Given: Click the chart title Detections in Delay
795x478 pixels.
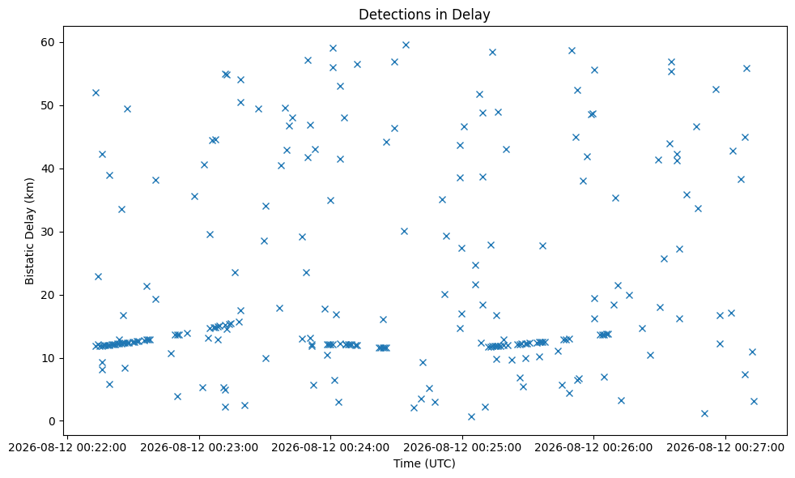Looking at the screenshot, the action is [424, 15].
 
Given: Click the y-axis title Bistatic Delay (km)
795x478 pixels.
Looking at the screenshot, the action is [29, 231].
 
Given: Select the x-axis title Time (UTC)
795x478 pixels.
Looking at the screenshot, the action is [424, 463].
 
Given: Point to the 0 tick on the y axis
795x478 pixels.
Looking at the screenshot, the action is [53, 421].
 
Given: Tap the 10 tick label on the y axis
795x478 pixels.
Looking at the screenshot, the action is [49, 358].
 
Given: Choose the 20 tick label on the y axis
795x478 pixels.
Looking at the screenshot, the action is [49, 296].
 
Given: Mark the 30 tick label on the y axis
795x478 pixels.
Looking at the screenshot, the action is [49, 232].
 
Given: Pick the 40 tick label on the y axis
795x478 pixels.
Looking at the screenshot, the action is [49, 169].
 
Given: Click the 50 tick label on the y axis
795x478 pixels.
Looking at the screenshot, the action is [49, 105].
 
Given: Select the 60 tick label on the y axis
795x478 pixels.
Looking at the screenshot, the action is [49, 43].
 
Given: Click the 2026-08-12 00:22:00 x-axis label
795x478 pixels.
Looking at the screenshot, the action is [67, 447].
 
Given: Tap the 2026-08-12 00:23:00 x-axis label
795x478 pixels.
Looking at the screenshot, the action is [199, 447].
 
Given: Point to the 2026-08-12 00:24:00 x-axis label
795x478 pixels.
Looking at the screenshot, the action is [330, 447].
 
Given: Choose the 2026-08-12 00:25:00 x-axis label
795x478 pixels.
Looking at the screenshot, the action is [462, 447].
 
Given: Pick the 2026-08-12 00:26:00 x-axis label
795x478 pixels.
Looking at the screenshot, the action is [593, 447].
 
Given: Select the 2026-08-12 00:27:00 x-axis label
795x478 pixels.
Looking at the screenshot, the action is [725, 447].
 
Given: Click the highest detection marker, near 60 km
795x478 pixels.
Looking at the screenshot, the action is [406, 45].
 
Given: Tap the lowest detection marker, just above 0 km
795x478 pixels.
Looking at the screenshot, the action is [471, 416].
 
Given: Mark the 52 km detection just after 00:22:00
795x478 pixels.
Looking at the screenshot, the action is [96, 93].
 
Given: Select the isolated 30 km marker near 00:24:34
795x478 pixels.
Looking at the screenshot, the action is [404, 232].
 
